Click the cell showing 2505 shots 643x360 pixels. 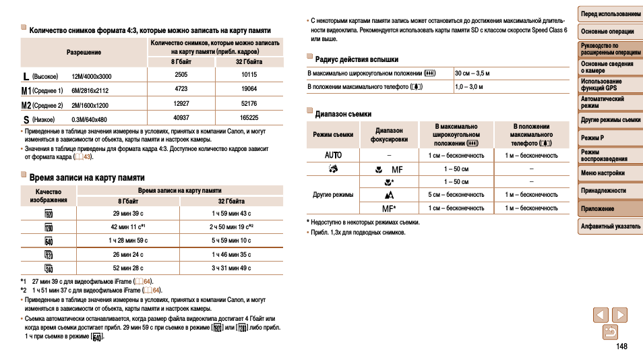181,75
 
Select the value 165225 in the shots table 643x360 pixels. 249,117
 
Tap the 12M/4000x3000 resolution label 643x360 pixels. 92,76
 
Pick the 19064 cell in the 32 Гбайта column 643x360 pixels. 249,89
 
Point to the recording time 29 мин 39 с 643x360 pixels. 128,214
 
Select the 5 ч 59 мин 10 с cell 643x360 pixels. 231,241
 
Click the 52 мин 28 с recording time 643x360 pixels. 128,268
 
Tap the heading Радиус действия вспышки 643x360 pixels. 357,59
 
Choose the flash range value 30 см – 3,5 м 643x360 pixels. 472,73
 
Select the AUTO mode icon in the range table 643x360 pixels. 333,155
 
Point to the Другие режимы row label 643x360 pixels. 333,195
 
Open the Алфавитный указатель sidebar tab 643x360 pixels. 611,227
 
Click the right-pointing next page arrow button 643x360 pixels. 619,315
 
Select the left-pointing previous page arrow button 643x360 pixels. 601,315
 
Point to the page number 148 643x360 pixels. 621,347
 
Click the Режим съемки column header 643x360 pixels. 333,135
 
